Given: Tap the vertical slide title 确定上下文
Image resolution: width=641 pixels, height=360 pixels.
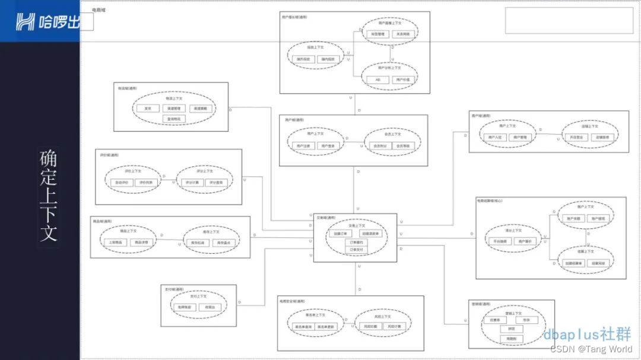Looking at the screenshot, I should (49, 196).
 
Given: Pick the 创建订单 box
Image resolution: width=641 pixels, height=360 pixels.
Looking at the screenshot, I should (339, 234).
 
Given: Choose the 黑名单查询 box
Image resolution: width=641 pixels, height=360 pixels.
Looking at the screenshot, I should (303, 326).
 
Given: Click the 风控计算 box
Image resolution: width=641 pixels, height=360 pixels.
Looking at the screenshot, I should (394, 326).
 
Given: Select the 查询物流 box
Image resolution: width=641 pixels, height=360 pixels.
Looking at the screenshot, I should (175, 119).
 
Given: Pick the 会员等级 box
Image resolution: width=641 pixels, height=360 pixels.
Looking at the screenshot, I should (402, 145).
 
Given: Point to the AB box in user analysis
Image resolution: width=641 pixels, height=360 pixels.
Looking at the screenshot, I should (377, 79).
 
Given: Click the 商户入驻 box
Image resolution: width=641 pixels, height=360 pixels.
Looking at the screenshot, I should (495, 137).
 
